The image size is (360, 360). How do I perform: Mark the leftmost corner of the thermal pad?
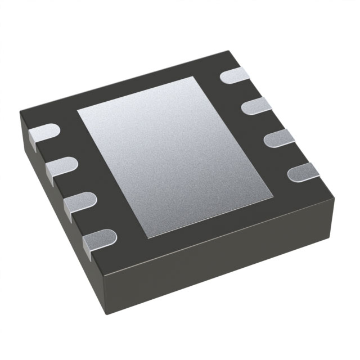tap(77, 110)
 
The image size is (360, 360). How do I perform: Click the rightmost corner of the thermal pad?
tap(273, 197)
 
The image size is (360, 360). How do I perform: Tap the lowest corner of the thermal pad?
tap(148, 239)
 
